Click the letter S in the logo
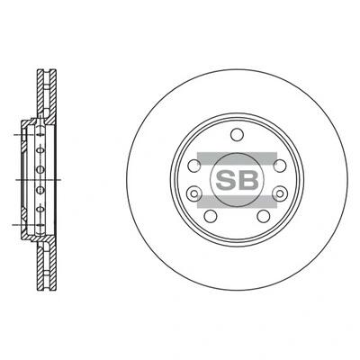pos(226,180)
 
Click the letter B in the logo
pos(248,180)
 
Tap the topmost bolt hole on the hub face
pos(237,134)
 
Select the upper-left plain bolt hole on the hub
pos(194,166)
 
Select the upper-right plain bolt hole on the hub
pos(280,166)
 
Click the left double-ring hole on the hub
pos(193,193)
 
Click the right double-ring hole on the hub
pos(280,193)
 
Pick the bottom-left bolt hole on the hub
pos(211,216)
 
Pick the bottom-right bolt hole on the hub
pos(264,216)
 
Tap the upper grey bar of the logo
pos(237,158)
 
